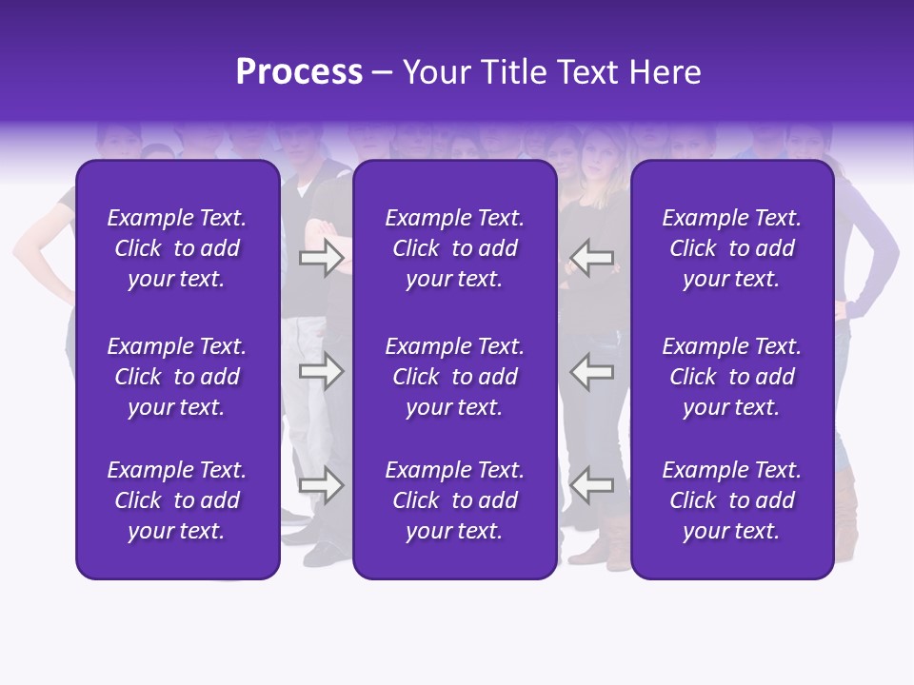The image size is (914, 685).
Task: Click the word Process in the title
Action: tap(299, 72)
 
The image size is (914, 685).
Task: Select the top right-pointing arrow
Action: tap(321, 258)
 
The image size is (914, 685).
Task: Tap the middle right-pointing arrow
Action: tap(321, 372)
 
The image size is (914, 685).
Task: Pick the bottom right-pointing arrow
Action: tap(321, 486)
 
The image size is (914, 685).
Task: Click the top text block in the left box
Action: tap(177, 248)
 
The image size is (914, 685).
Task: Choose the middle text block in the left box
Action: tap(177, 377)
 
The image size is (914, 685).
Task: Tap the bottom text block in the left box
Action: tap(177, 500)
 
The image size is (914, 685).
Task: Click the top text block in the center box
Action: tap(454, 248)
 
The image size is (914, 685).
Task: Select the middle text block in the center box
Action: tap(454, 377)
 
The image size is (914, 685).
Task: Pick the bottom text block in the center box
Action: tap(454, 500)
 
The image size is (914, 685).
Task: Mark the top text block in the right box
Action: tap(731, 248)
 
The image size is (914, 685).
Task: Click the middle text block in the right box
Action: tap(731, 377)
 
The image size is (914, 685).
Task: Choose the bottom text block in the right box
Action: tap(731, 500)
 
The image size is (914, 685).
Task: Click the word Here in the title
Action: tap(665, 72)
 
